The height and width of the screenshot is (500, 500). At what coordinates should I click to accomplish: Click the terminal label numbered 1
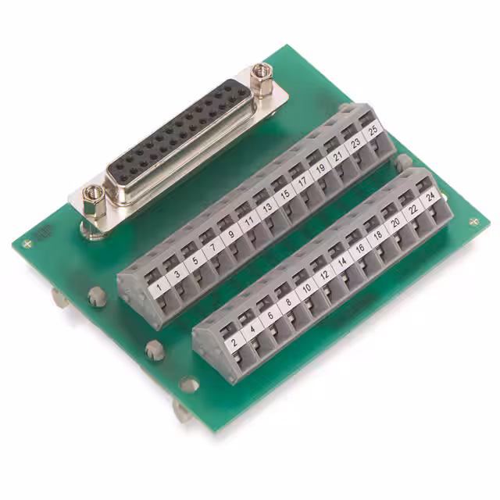tap(160, 288)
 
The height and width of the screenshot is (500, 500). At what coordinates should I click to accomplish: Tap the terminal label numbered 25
tap(374, 131)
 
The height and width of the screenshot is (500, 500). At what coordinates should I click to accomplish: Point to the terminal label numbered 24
tap(430, 198)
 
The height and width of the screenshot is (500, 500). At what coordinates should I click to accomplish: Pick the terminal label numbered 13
tap(267, 208)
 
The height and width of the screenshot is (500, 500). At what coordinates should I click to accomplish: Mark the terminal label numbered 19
tap(321, 170)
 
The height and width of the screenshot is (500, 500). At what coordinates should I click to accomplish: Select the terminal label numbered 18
tap(377, 237)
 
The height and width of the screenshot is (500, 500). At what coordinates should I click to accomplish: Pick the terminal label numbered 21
tap(339, 156)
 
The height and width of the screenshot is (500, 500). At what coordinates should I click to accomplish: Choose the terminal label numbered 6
tap(270, 316)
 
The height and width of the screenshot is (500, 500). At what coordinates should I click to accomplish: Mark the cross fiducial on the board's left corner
tap(28, 242)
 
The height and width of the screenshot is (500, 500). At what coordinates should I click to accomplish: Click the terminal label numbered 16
tap(360, 249)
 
